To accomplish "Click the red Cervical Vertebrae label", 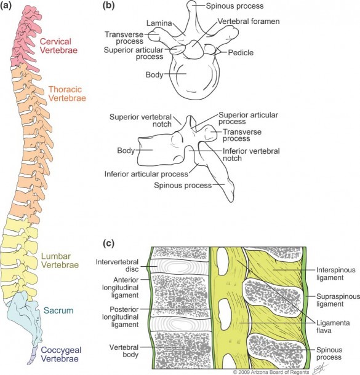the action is (x=58, y=45).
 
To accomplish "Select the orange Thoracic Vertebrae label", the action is (x=67, y=93).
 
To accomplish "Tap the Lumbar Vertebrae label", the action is (x=60, y=261).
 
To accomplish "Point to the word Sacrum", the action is (x=58, y=310).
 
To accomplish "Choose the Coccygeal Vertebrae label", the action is (x=61, y=354).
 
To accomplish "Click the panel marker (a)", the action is (x=6, y=6).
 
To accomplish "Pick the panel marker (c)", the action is (x=108, y=243).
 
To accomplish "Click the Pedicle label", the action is (x=241, y=53).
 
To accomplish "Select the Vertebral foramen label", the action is (x=249, y=22).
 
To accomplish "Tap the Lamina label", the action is (x=159, y=23).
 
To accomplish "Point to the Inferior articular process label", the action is (x=146, y=174).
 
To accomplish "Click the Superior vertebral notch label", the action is (x=140, y=120).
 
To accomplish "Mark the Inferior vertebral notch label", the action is (x=251, y=155).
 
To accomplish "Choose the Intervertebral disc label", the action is (x=117, y=266).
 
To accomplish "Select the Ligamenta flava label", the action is (x=333, y=326).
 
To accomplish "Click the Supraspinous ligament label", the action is (x=338, y=300).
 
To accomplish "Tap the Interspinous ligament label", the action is (x=336, y=274).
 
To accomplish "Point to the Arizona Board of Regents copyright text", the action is (x=271, y=372).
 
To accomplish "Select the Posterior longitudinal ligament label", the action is (x=121, y=317).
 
